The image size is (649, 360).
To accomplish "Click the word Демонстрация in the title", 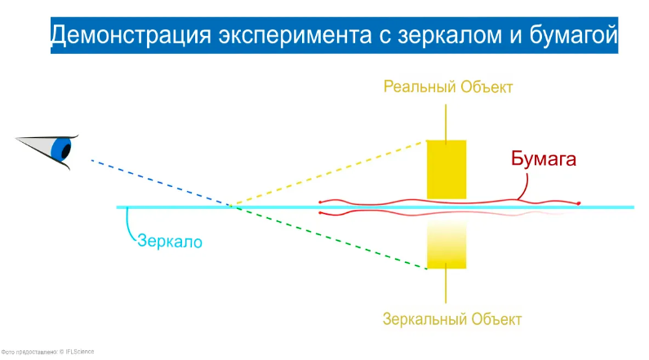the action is tap(131, 35).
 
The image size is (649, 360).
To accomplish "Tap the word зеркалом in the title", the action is tap(450, 36).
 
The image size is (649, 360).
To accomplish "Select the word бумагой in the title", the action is tap(574, 35).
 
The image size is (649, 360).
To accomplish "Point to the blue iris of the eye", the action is tap(60, 148).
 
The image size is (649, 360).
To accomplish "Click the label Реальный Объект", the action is tap(448, 87).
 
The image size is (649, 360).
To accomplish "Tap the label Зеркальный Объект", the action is tap(452, 319).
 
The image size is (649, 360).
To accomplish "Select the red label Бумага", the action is tap(544, 159).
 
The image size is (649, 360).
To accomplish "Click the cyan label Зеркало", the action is tap(170, 242).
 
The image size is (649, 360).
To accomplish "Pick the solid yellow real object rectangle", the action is tap(447, 170).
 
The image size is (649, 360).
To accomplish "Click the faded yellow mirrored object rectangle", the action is tap(447, 245).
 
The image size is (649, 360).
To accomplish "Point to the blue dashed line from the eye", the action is tap(161, 183).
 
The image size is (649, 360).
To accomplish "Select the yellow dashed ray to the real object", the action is tap(329, 173).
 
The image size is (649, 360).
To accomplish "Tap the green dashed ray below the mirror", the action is tap(329, 237).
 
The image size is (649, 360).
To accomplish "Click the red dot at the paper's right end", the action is tap(579, 203).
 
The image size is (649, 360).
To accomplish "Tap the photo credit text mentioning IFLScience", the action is tap(47, 352).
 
